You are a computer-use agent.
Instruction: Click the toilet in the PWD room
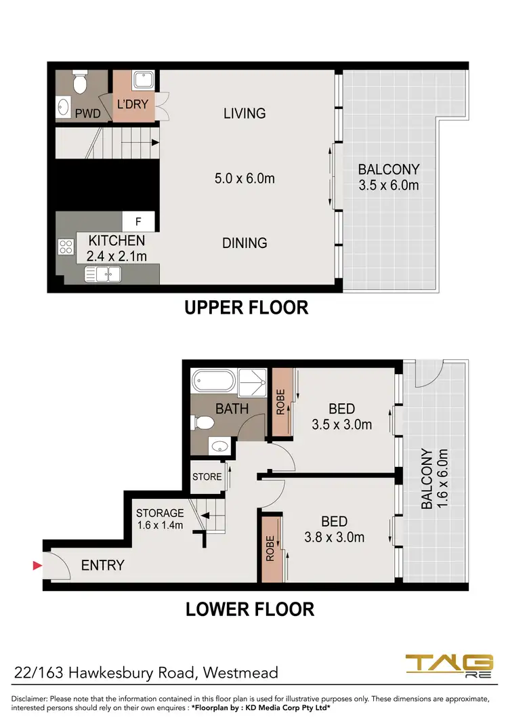81,83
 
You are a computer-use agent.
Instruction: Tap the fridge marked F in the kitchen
139,221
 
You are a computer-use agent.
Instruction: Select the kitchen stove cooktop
66,247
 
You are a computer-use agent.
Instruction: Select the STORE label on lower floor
207,476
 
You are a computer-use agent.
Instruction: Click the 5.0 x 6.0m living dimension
244,179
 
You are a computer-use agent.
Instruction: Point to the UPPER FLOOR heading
247,308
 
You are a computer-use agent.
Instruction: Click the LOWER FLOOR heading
250,609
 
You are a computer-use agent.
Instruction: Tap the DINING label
245,243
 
